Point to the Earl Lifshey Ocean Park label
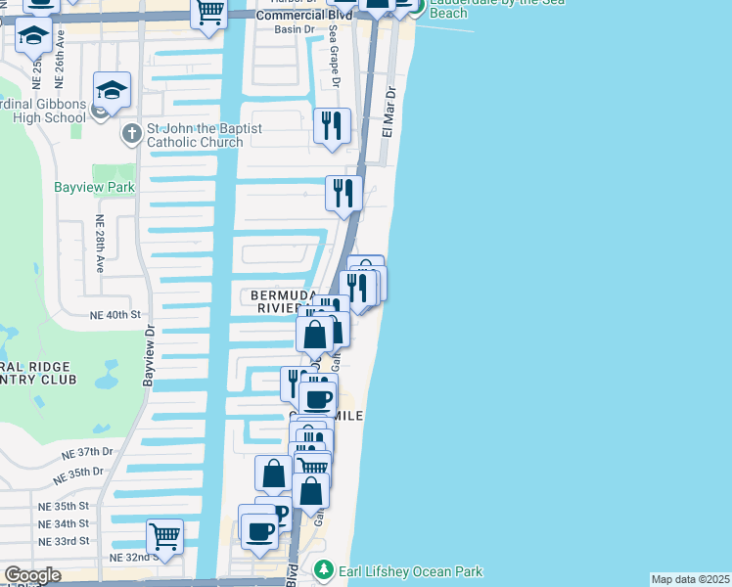point(411,571)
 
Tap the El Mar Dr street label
point(388,117)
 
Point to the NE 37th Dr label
point(88,452)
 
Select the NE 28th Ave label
point(99,244)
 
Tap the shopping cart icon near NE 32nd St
point(164,536)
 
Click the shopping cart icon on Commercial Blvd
point(209,13)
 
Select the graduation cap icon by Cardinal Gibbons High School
point(112,90)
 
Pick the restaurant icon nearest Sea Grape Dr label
point(332,126)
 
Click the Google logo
point(32,575)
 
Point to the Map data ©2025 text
point(690,579)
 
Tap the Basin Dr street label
point(294,29)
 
